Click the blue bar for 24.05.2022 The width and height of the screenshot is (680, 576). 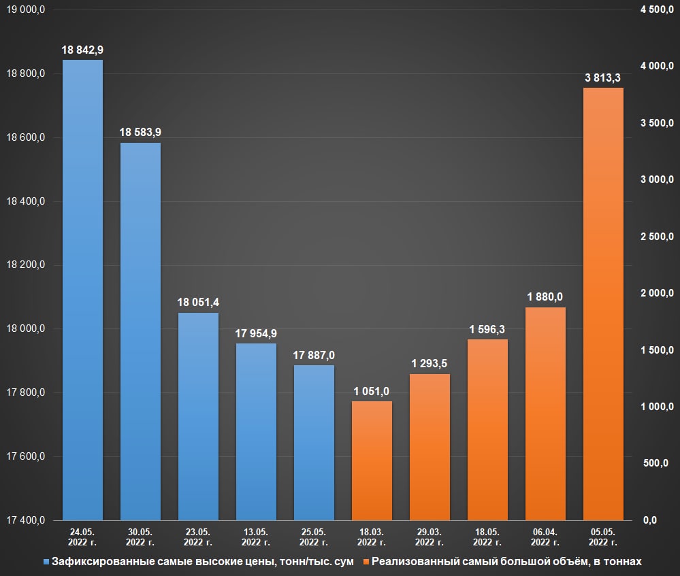coord(82,290)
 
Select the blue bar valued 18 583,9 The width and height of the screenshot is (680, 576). coord(140,331)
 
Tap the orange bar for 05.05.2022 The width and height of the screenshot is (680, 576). coord(603,304)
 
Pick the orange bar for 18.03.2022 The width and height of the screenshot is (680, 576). coord(372,460)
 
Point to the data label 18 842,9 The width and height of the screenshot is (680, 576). coord(82,50)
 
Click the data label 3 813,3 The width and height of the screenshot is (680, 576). coord(603,78)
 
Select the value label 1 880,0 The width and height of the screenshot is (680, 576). coord(545,297)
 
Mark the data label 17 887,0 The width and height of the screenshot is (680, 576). coord(314,355)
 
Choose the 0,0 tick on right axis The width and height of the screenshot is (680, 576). coord(649,520)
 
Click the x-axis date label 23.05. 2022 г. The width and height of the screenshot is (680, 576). coord(198,537)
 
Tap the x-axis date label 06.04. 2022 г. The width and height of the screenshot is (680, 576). coord(545,537)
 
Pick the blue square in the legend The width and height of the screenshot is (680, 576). coord(46,562)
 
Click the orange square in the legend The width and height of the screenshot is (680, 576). coord(367,562)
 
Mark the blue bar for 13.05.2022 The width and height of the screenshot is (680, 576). coord(256,432)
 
